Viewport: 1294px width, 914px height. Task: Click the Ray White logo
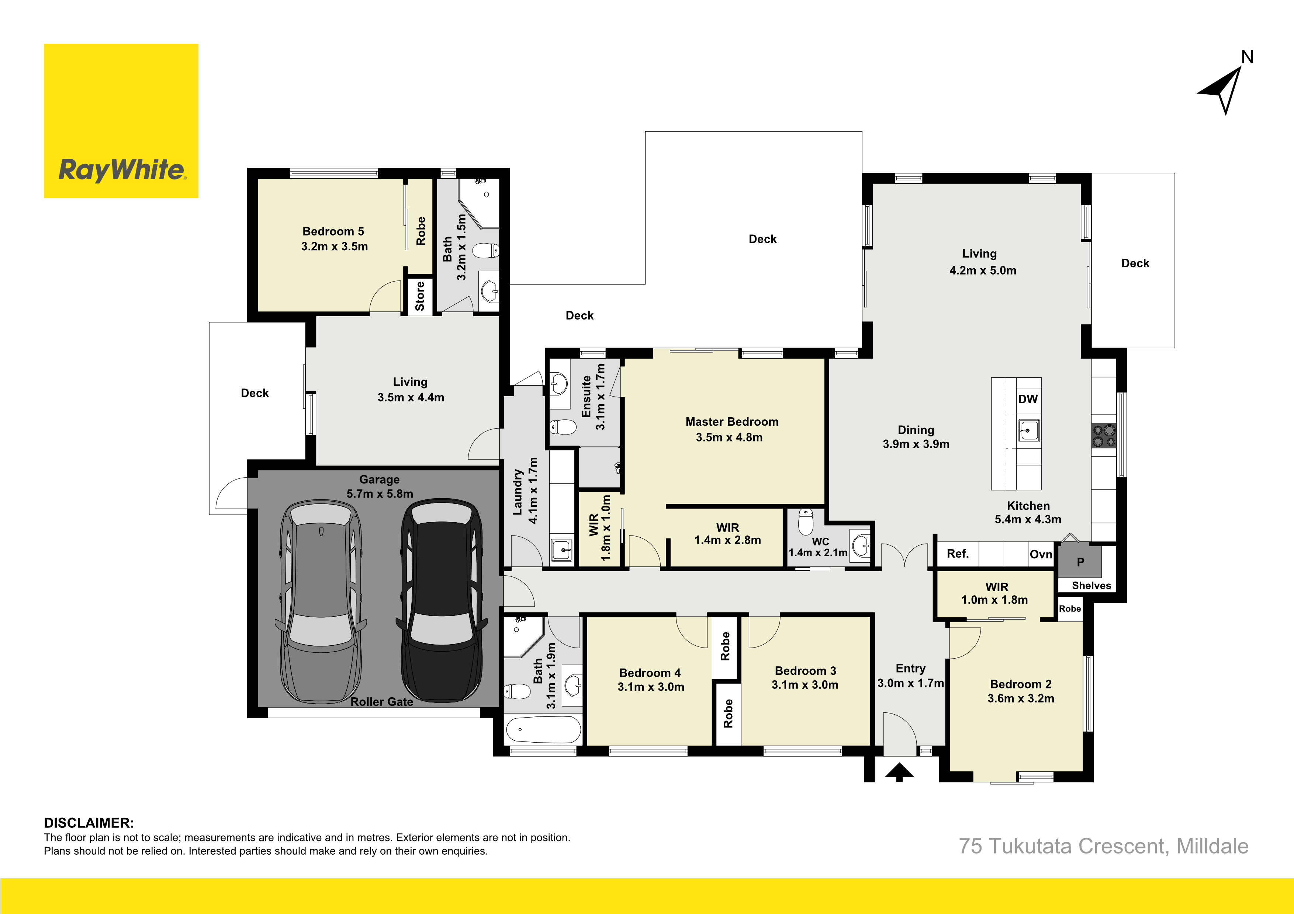tap(121, 121)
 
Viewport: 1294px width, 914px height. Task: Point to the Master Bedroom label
tap(731, 422)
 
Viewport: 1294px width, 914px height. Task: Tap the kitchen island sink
tap(1028, 431)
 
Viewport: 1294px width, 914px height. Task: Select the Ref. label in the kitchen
tap(958, 554)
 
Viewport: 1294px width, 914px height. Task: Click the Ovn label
tap(1041, 554)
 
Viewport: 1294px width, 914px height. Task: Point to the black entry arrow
tap(899, 772)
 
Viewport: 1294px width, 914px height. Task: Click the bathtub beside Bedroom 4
tap(543, 730)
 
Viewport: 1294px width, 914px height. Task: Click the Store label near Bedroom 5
tap(420, 296)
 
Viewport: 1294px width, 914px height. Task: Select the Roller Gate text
tap(381, 702)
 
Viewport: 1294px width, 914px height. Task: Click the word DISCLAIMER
tap(89, 823)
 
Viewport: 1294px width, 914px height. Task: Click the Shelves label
tap(1091, 586)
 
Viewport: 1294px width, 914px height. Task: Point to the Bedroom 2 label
tap(1021, 684)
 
